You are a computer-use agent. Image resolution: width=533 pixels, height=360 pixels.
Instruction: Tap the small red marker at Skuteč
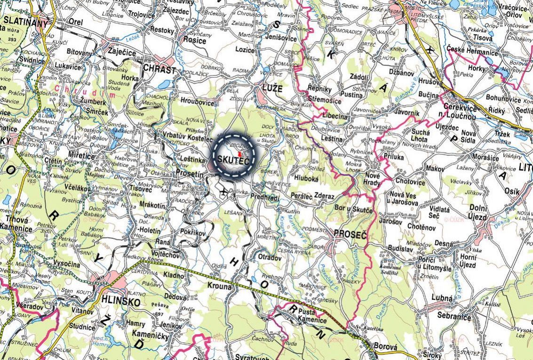(239, 154)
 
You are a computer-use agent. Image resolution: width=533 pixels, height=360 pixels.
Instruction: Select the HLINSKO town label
(114, 302)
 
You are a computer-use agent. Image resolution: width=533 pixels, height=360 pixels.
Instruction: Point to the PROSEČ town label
(350, 233)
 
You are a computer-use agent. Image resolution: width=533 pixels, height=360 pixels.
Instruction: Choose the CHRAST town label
(159, 69)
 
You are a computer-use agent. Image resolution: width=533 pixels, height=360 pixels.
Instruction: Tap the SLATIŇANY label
(25, 22)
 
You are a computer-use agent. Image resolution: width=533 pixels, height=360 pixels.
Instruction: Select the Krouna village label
(219, 286)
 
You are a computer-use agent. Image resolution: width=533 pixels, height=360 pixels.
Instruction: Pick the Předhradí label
(265, 196)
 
